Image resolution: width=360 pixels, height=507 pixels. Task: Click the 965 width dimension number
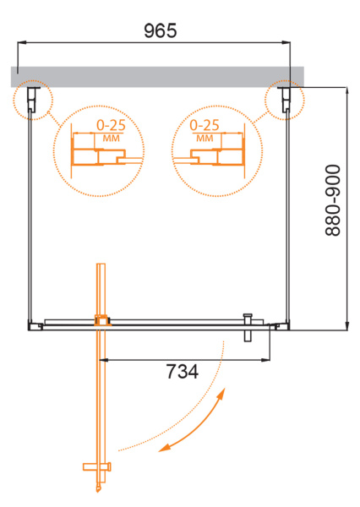tap(160, 31)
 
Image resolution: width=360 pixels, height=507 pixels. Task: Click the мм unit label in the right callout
tap(205, 138)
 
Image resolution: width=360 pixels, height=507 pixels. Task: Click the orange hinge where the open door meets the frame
tap(102, 320)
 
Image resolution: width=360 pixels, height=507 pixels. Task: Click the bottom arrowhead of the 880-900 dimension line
tap(346, 325)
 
